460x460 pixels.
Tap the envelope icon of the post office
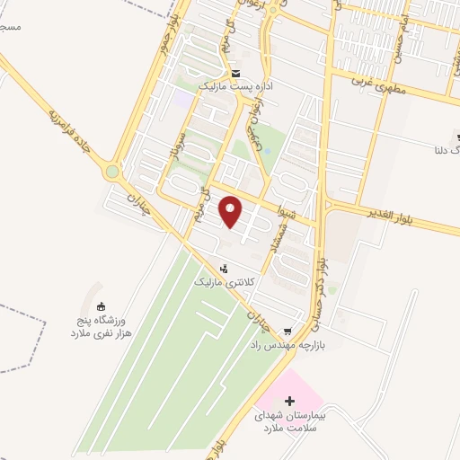point(235,73)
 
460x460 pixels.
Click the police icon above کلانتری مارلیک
point(225,267)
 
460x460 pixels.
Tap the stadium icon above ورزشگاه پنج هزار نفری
point(100,306)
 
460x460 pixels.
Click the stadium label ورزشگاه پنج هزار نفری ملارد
point(102,326)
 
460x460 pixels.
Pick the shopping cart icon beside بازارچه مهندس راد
point(287,332)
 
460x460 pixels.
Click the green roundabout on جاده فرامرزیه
point(112,171)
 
